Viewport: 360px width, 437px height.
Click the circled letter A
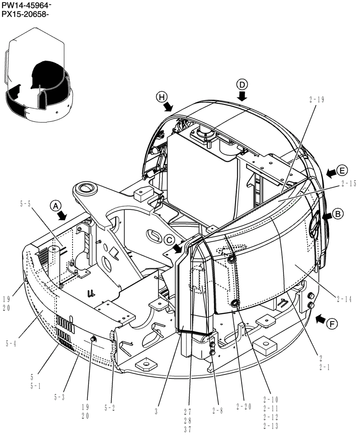coord(55,205)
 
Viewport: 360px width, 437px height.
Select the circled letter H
coord(162,97)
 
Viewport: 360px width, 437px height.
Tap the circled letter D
coord(242,84)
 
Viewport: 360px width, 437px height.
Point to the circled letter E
coord(342,170)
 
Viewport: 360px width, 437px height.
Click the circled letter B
coord(338,214)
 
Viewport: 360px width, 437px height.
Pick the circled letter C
coord(169,239)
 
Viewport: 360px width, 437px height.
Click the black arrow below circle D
coord(242,96)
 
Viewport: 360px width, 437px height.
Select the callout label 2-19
coord(316,100)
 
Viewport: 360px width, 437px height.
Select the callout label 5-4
coord(12,343)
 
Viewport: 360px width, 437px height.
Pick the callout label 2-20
coord(245,406)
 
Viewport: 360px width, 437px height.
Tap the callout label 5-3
coord(60,397)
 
